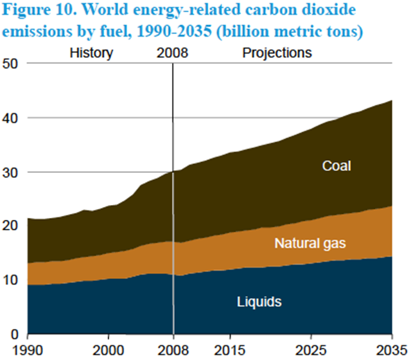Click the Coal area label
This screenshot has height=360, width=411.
(337, 166)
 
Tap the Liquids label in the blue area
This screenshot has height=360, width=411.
(260, 301)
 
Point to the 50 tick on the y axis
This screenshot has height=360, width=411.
(12, 64)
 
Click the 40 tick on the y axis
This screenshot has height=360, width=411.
(12, 118)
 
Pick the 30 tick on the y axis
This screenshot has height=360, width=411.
(12, 172)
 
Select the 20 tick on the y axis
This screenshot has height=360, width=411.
(12, 226)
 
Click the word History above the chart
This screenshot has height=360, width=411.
(91, 53)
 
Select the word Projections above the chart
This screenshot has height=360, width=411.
(277, 53)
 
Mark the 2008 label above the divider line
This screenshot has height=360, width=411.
(172, 53)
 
